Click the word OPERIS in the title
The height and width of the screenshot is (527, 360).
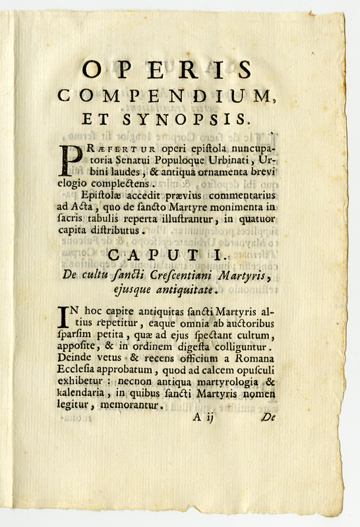point(166,69)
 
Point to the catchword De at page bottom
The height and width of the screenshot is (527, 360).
point(268,417)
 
